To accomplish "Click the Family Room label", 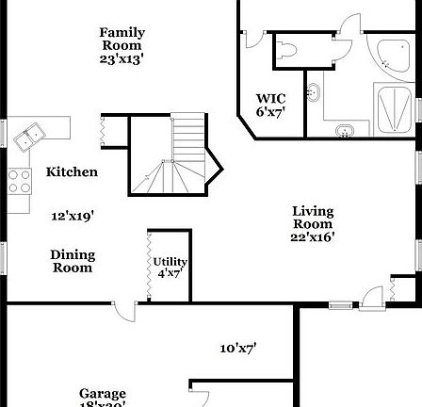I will [x=122, y=39].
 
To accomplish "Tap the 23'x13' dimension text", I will [x=122, y=58].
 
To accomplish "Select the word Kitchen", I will [x=72, y=172].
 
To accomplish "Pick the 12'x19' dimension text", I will [x=71, y=216].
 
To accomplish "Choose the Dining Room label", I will [x=73, y=261].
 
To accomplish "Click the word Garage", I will [x=103, y=394].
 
